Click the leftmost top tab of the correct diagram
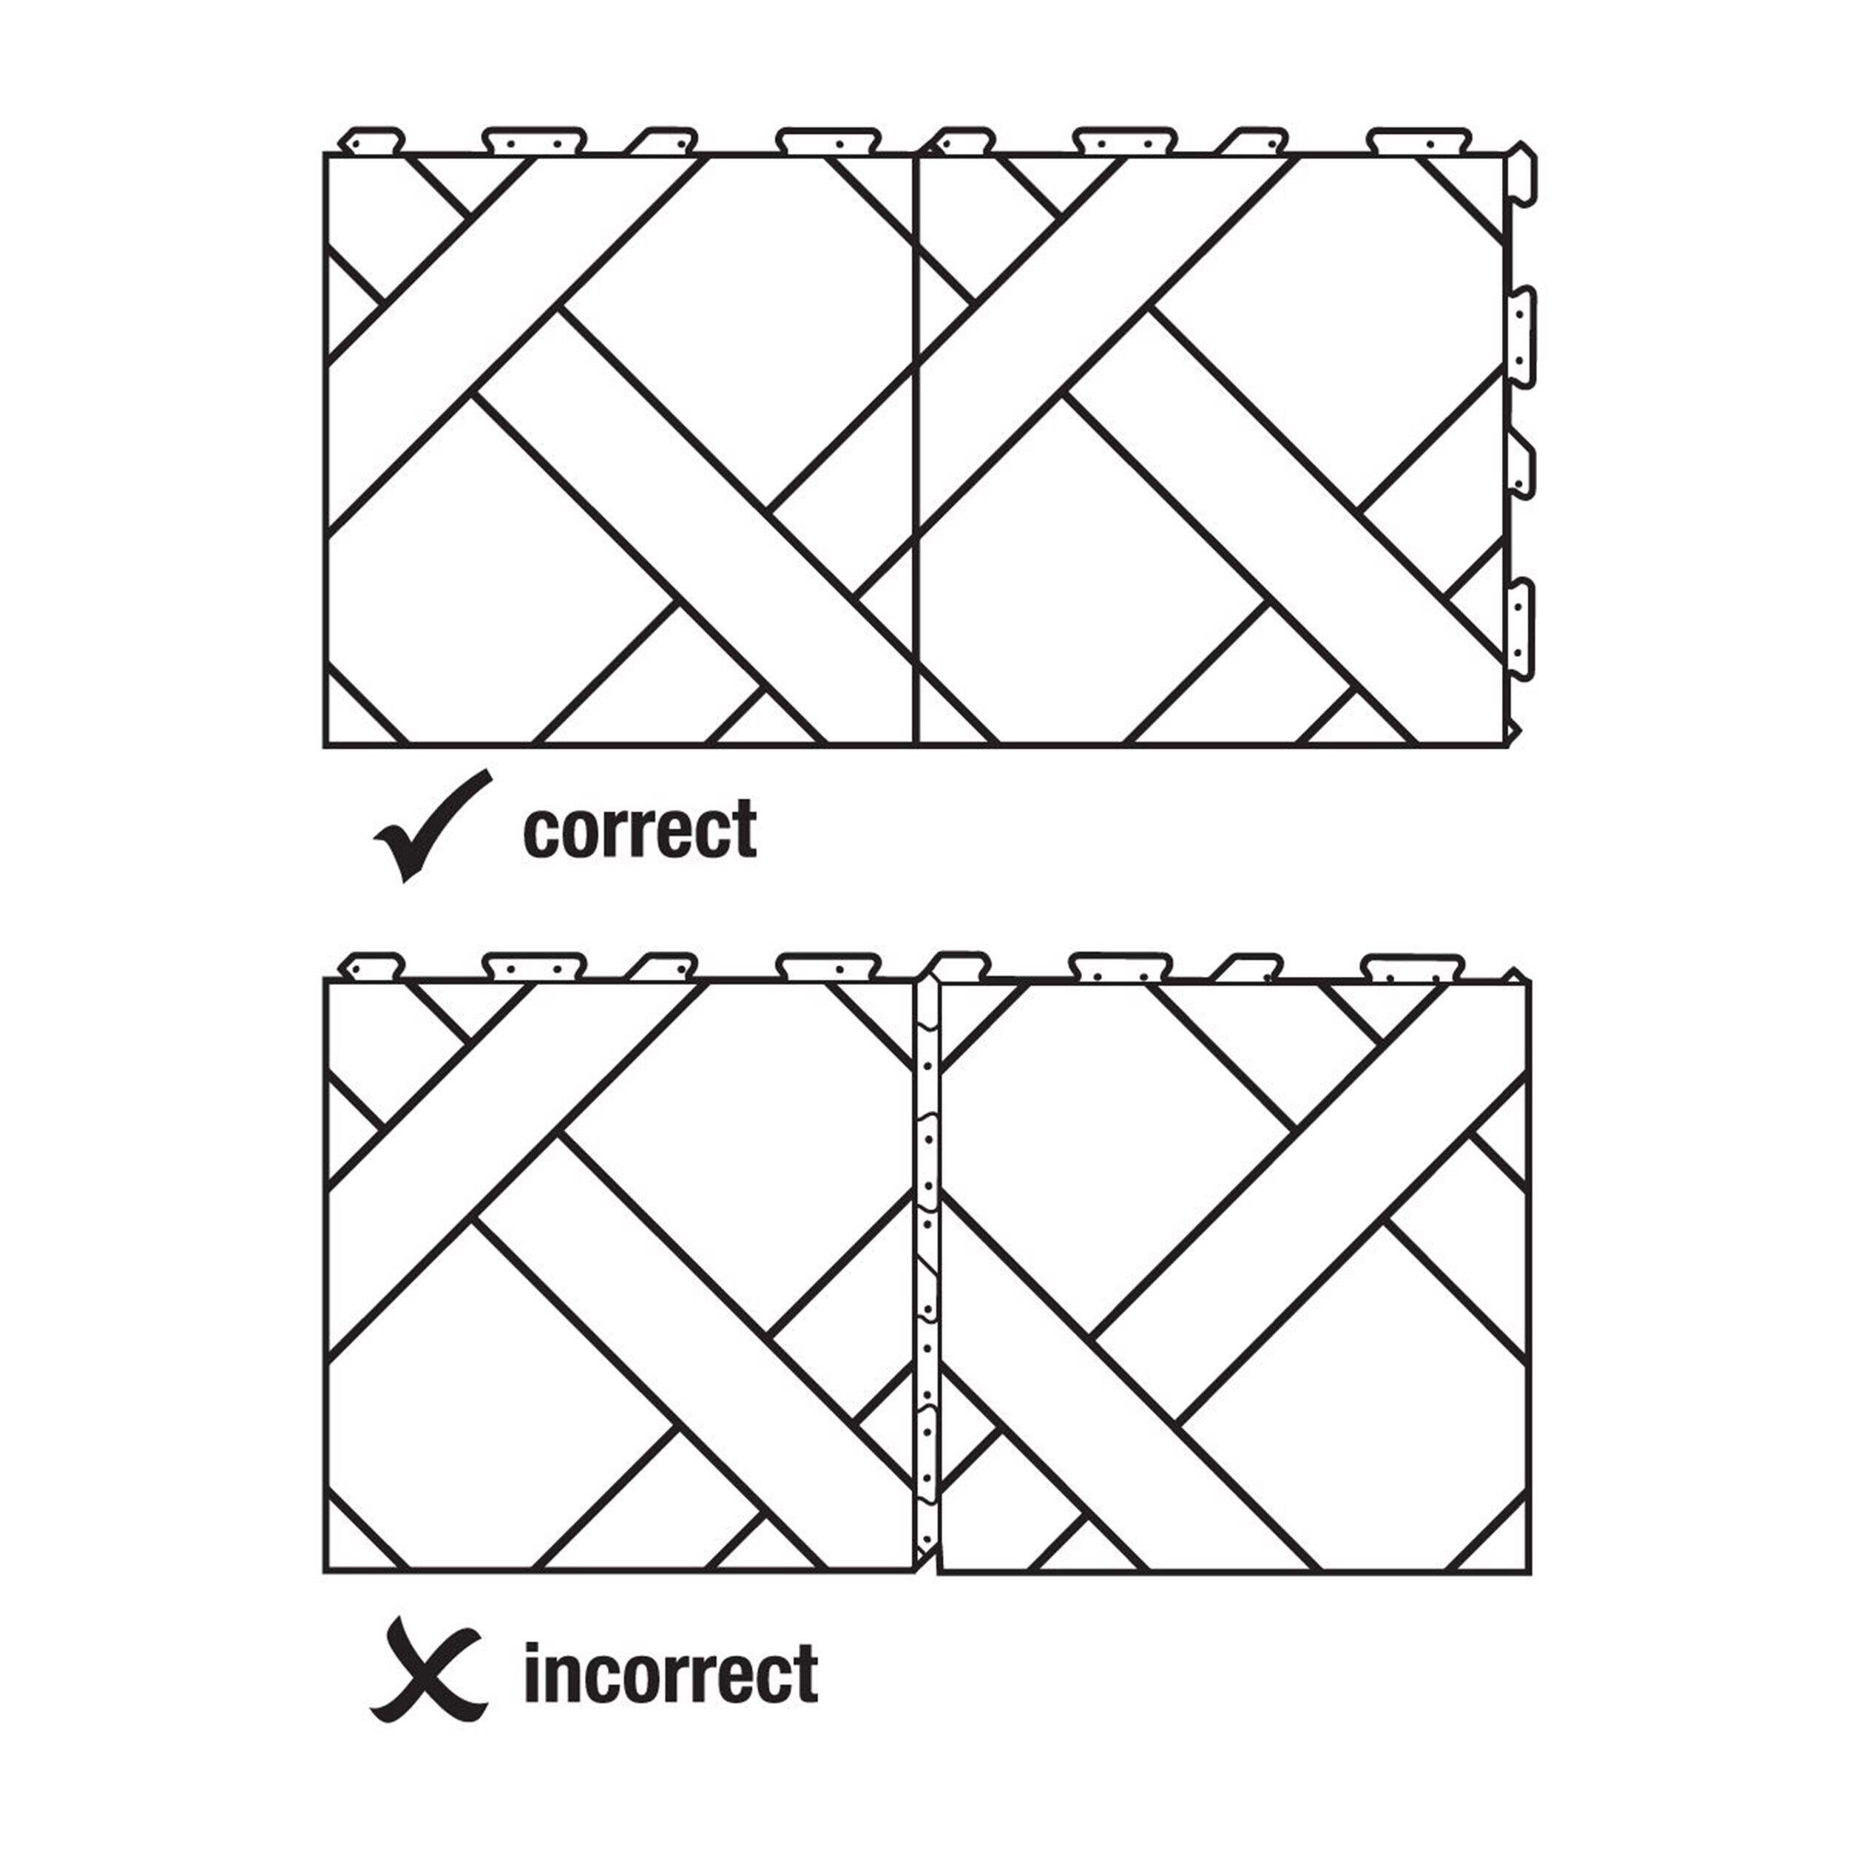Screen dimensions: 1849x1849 (374, 140)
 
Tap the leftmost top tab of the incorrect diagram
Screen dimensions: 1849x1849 (374, 967)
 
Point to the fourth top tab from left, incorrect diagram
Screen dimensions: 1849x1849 (828, 967)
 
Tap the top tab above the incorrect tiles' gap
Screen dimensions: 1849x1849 (961, 964)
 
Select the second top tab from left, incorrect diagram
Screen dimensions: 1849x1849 (533, 967)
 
